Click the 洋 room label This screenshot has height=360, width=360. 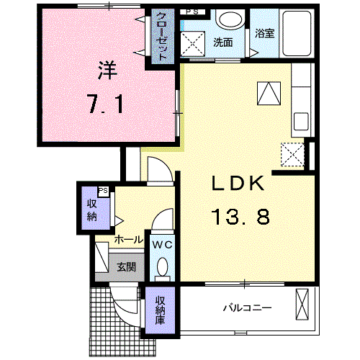107,70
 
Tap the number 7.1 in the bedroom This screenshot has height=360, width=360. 106,104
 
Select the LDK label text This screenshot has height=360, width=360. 238,183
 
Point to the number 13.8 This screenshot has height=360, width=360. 240,217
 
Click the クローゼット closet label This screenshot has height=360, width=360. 162,37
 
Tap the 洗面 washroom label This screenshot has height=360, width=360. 223,42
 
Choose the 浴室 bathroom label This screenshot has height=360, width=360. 264,33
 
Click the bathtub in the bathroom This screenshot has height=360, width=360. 297,34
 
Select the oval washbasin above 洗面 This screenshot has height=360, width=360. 230,19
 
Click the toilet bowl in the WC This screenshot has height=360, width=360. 163,266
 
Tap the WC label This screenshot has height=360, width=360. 163,245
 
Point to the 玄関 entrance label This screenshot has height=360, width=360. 127,266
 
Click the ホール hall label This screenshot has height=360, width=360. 129,240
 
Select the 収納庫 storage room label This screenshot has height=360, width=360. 160,310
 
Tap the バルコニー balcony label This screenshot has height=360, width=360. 248,307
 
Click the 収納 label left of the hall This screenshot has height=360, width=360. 91,210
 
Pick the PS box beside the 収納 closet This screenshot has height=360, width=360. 103,192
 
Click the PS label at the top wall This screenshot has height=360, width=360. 192,12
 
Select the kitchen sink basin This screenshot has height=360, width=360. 301,122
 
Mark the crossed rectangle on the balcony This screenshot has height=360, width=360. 302,305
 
